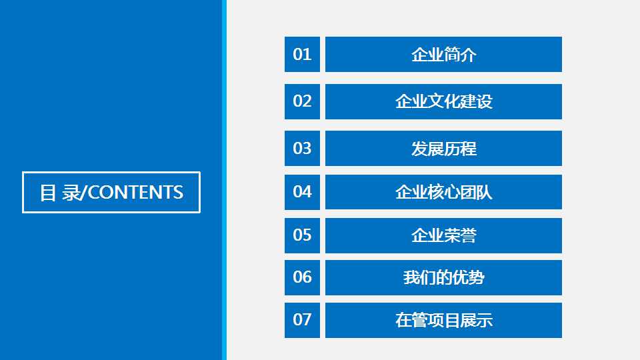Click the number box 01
302,54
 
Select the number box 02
302,101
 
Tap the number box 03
302,148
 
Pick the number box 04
302,192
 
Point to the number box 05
302,235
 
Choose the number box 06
302,277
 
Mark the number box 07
302,321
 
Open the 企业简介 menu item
444,54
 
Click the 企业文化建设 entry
444,101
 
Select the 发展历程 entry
444,148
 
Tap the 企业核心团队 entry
444,192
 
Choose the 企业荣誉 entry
444,235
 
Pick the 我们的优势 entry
444,277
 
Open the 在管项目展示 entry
444,321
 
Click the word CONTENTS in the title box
135,193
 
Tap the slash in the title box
84,193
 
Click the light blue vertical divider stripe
224,180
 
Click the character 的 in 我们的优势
444,278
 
